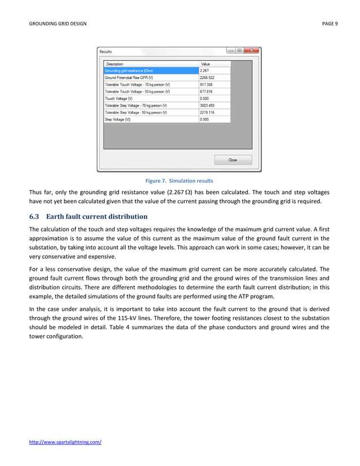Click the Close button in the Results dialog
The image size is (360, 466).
click(x=232, y=160)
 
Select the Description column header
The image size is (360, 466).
click(x=115, y=64)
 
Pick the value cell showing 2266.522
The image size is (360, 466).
click(x=208, y=77)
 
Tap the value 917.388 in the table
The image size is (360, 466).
click(x=207, y=84)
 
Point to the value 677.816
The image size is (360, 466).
click(x=207, y=91)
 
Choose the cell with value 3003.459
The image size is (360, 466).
click(x=208, y=105)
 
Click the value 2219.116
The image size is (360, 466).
click(x=208, y=112)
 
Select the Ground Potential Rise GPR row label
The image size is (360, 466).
click(x=129, y=77)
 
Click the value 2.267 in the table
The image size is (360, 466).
click(x=205, y=71)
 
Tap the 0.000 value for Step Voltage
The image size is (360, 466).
click(x=204, y=120)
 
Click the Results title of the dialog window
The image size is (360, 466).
click(x=106, y=51)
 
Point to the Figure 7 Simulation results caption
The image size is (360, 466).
click(x=179, y=181)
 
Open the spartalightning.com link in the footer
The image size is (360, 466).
click(x=65, y=442)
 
